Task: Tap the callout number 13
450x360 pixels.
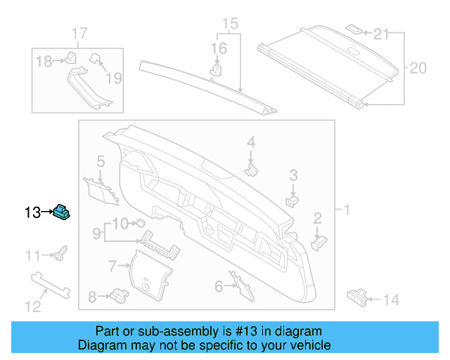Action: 33,211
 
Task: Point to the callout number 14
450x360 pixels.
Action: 391,300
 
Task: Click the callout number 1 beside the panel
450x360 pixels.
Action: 346,210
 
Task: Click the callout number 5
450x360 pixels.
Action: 101,161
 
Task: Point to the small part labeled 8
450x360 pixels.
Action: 117,297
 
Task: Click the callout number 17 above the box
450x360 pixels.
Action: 79,34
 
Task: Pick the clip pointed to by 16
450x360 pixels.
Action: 217,70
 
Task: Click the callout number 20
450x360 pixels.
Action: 418,68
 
